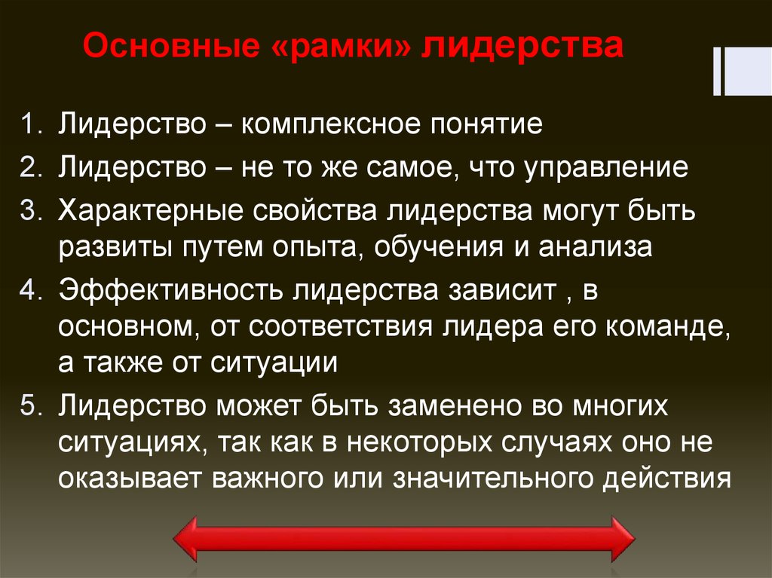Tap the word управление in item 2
(612, 167)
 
